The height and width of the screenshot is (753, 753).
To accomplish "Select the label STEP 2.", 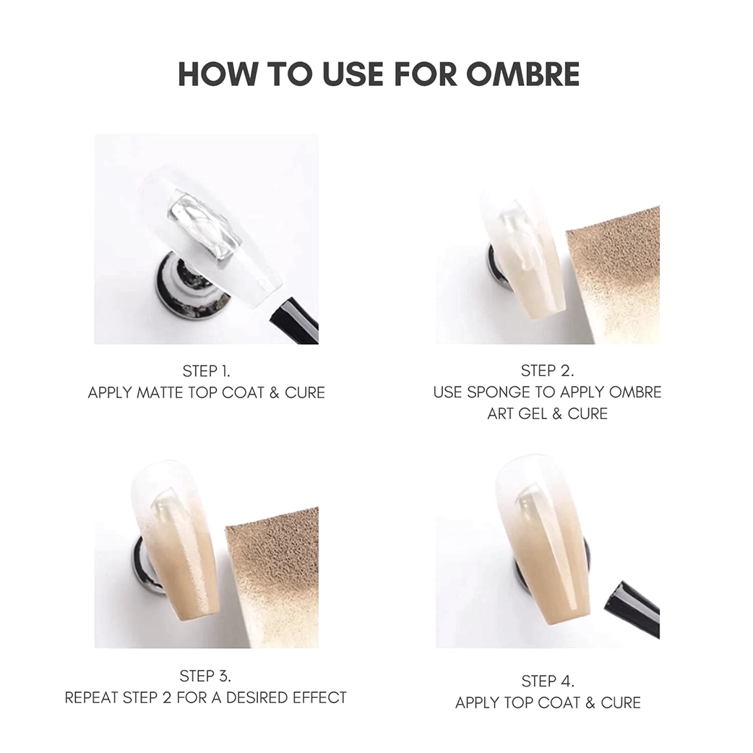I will (547, 371).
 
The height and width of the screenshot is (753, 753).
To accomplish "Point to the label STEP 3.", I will (205, 676).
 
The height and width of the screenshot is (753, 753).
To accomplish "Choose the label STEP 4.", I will (547, 681).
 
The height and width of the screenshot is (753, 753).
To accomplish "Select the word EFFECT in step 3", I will (319, 698).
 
